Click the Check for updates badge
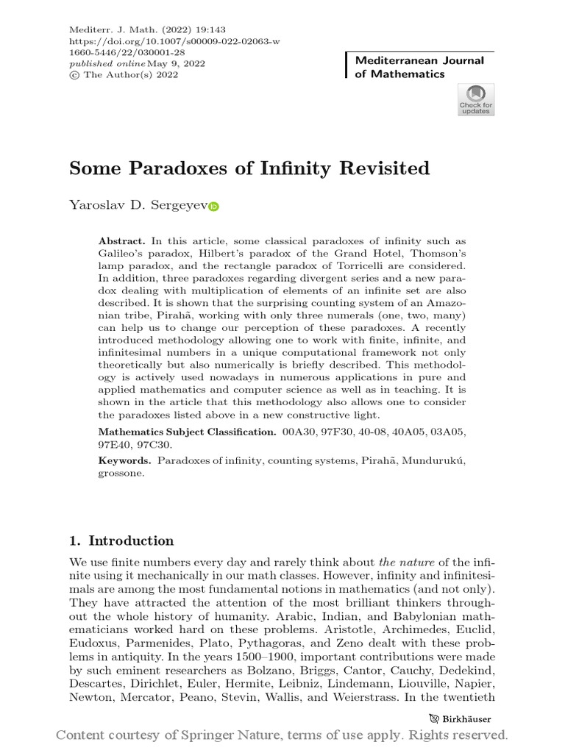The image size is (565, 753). point(476,100)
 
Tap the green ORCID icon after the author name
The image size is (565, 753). point(214,207)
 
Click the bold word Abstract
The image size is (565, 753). point(122,241)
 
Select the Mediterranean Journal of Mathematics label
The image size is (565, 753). point(419,67)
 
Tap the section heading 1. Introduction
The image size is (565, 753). point(121,541)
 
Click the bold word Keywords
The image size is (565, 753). point(124,460)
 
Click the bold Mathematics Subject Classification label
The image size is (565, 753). point(187,432)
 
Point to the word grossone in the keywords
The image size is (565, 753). point(120,474)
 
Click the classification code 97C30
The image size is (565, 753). point(168,446)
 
